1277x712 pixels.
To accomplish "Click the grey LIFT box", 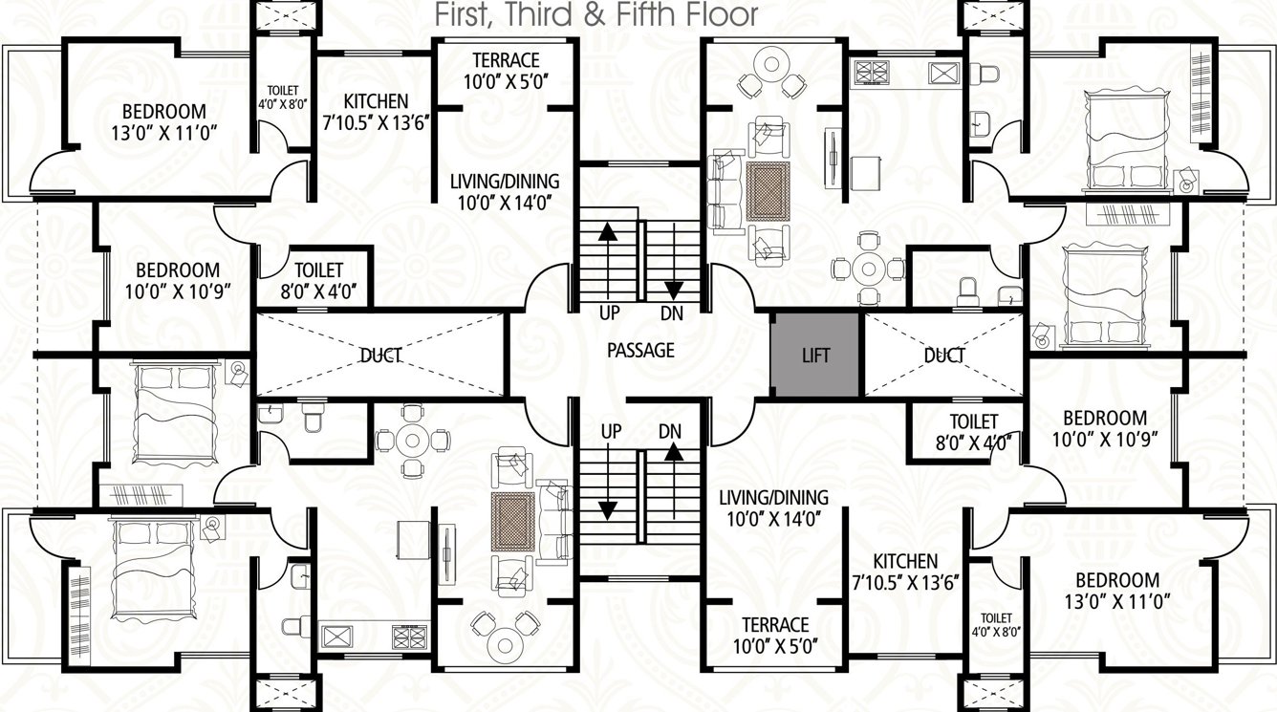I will [x=815, y=355].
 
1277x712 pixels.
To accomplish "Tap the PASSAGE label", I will [x=640, y=351].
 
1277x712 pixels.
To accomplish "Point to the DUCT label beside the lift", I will [x=943, y=356].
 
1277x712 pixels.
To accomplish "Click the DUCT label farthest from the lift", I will [x=380, y=356].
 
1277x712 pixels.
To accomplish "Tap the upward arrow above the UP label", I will [x=606, y=258].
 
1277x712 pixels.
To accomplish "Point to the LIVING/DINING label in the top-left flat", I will [x=505, y=191].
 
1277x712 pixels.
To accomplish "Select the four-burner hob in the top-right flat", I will [x=871, y=72].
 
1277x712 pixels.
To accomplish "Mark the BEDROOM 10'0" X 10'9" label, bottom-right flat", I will [x=1105, y=428].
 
